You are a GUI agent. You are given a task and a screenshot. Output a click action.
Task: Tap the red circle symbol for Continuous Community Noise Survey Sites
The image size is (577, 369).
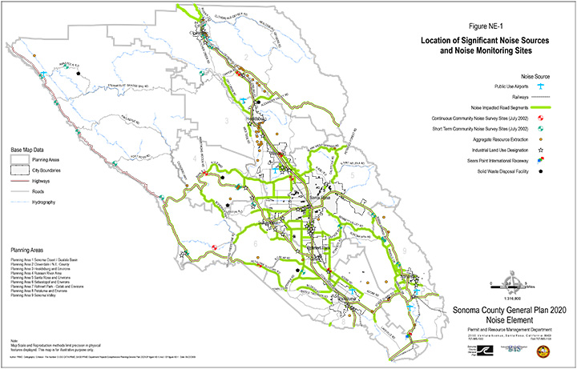point(543,118)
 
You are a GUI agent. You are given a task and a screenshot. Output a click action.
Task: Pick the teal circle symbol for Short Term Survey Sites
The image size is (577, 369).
point(543,128)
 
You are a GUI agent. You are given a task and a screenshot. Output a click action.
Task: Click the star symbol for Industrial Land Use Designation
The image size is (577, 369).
point(543,150)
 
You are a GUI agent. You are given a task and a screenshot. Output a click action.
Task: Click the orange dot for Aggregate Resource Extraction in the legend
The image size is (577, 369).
point(543,139)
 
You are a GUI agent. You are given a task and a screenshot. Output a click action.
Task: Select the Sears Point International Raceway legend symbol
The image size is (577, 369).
point(543,161)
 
